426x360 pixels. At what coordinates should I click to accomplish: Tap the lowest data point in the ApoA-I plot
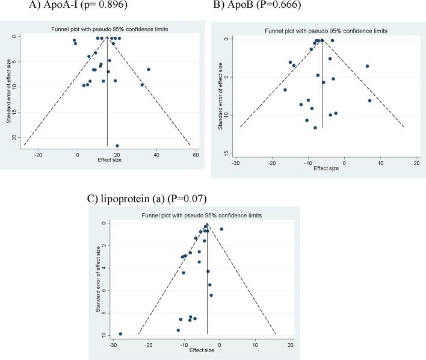(x=117, y=146)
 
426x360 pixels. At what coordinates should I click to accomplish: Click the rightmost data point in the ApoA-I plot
(x=149, y=69)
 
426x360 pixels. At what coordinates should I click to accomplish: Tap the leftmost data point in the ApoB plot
(x=285, y=90)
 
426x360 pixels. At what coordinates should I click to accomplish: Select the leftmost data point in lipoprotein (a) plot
(x=121, y=334)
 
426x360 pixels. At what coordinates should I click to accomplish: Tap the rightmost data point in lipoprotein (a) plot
(x=221, y=229)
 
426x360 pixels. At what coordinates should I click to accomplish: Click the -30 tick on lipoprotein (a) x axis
(x=113, y=343)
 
